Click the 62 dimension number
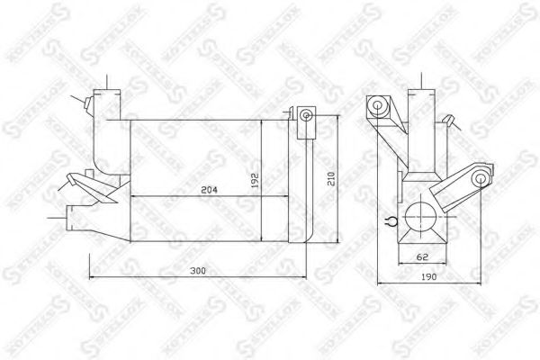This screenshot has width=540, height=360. click(x=420, y=257)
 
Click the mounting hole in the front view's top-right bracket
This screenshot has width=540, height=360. click(x=306, y=115)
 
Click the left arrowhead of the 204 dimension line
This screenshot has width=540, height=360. click(x=135, y=196)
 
